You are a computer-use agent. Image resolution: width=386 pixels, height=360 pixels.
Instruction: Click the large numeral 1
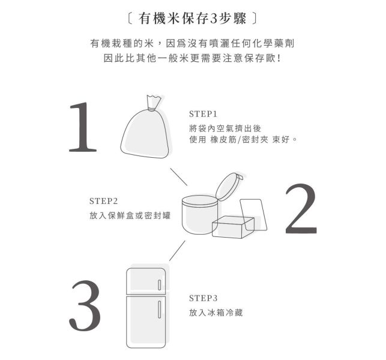coord(83,127)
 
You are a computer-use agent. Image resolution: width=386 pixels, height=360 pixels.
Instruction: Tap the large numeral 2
coord(301,209)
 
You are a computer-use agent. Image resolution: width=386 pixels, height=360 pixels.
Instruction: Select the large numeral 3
coord(85,305)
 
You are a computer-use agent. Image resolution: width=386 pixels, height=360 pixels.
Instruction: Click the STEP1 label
coord(203,114)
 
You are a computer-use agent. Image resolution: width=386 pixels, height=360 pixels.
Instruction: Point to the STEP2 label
coord(103,201)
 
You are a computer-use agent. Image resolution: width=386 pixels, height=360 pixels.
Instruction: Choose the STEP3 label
coord(203,298)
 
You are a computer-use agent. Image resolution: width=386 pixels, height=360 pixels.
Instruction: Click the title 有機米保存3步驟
coord(192,19)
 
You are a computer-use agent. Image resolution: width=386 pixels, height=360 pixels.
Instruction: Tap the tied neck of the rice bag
coord(152,108)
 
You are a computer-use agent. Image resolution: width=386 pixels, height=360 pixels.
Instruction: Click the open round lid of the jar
coord(228,187)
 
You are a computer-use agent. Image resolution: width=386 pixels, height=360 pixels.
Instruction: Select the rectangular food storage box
coord(233,227)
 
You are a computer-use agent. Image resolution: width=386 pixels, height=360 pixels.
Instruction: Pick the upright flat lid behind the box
coord(253,215)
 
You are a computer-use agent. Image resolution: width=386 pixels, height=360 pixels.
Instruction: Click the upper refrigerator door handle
coord(159,285)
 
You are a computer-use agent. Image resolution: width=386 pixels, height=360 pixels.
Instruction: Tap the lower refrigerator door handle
coord(159,310)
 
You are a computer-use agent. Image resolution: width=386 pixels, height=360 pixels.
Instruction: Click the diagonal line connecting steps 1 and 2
coord(179,177)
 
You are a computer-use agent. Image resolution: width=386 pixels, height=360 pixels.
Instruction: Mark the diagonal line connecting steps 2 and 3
coord(177,250)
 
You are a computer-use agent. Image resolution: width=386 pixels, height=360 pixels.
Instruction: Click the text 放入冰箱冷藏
coord(216,313)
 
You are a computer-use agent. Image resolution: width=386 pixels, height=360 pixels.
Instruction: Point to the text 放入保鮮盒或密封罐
coord(130,215)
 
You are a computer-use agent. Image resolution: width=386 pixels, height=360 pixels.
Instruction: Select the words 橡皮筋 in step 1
coord(223,140)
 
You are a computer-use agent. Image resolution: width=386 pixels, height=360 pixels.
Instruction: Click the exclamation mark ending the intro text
coord(279,58)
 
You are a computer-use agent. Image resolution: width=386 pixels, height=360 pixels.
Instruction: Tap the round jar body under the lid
coord(199,215)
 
